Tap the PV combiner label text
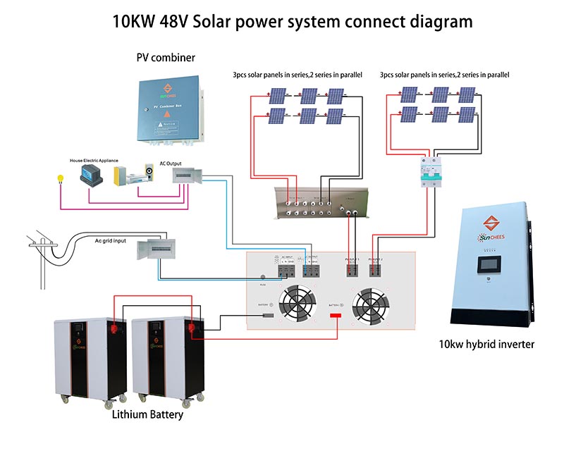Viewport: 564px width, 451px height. (166, 57)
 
